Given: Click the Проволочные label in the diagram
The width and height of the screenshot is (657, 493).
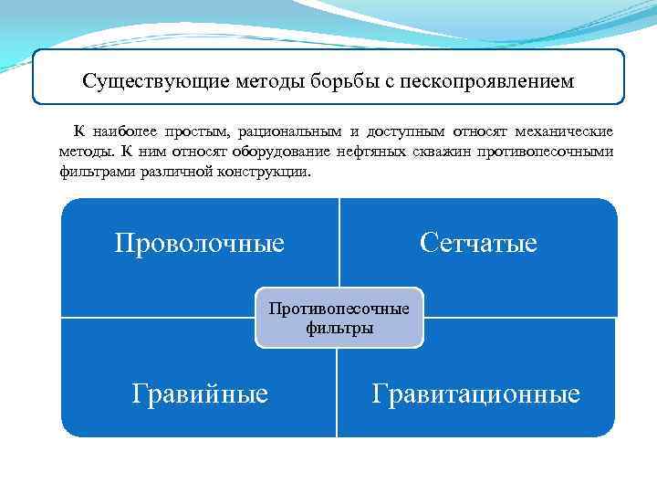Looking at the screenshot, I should coord(199,243).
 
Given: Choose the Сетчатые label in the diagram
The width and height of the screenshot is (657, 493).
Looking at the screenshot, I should coord(478,243).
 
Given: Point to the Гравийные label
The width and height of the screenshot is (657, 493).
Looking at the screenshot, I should coord(200,393).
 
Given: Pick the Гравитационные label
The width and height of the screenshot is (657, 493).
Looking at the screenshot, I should coord(475,393).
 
